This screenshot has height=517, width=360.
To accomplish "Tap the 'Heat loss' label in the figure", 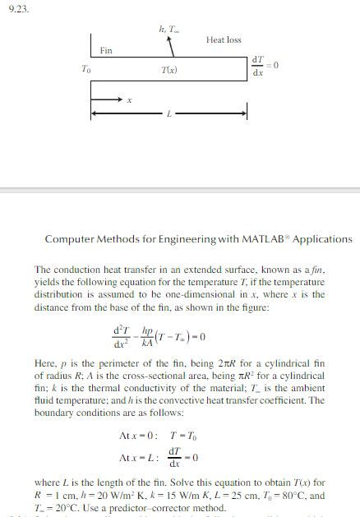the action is pyautogui.click(x=224, y=39).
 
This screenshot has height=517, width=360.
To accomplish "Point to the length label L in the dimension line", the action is pyautogui.click(x=168, y=113).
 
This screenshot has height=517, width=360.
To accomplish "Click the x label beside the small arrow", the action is pyautogui.click(x=128, y=101).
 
